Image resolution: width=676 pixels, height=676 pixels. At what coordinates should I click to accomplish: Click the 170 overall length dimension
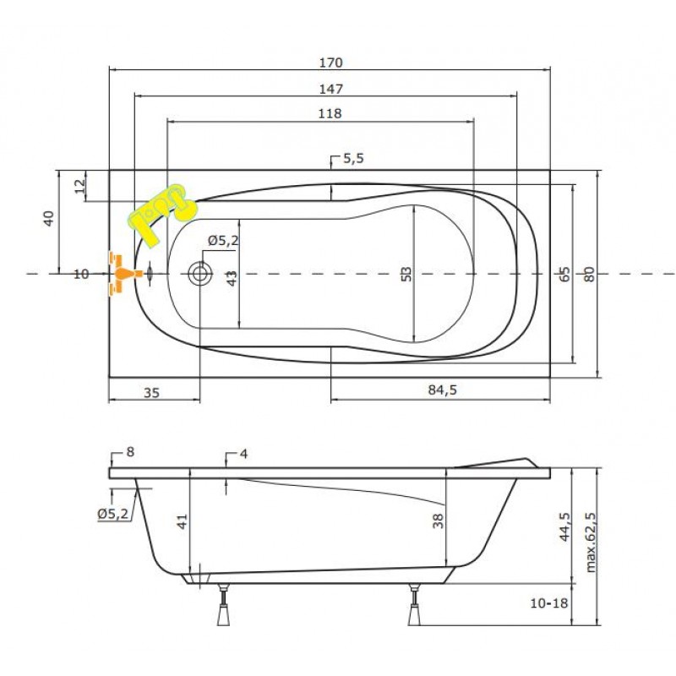click(330, 63)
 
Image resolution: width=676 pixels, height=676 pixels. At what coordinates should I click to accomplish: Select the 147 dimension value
click(330, 89)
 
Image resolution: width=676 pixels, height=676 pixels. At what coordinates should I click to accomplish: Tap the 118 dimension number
click(330, 114)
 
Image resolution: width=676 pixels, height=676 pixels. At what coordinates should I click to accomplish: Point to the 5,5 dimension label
click(352, 158)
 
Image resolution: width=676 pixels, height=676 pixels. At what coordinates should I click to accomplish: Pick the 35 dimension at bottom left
click(152, 391)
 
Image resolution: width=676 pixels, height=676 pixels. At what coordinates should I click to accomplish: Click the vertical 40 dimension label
click(49, 218)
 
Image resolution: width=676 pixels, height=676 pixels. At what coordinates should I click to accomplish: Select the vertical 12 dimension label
click(79, 186)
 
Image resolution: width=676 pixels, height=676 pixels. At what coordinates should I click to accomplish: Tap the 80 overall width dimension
click(589, 274)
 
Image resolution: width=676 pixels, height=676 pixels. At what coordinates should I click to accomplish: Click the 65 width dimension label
click(564, 274)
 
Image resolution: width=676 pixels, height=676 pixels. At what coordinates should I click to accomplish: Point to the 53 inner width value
click(406, 274)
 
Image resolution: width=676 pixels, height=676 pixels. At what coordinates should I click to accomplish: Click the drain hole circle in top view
click(201, 273)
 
